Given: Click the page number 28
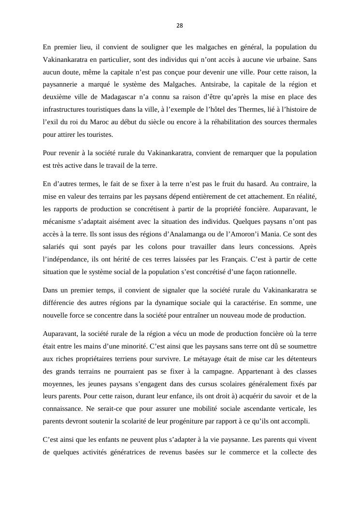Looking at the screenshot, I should coord(180,26).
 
